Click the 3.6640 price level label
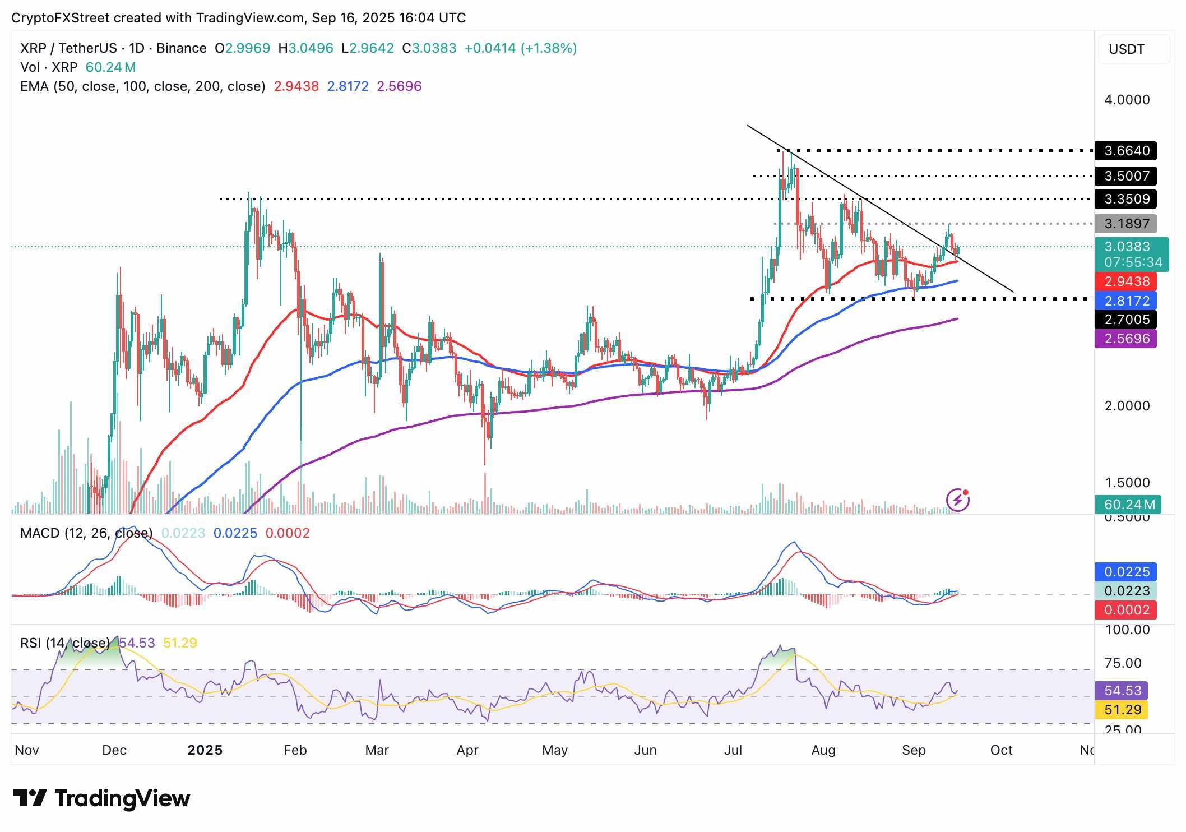tap(1126, 151)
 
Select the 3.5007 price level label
tap(1126, 176)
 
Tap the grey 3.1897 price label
tap(1126, 224)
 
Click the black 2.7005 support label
tap(1126, 320)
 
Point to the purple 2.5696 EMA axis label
tap(1126, 339)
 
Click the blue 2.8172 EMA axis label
tap(1126, 301)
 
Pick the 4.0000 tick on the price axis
tap(1127, 100)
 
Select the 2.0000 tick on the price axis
tap(1127, 406)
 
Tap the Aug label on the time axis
tap(823, 750)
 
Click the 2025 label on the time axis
tap(205, 750)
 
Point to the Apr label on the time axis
tap(467, 750)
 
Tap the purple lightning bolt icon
tap(958, 500)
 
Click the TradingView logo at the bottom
tap(102, 798)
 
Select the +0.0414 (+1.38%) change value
tap(520, 48)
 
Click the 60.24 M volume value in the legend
tap(110, 67)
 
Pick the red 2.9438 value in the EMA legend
tap(296, 86)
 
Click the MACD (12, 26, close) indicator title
tap(86, 533)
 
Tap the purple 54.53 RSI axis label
tap(1123, 691)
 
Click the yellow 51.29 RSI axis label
tap(1123, 710)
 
